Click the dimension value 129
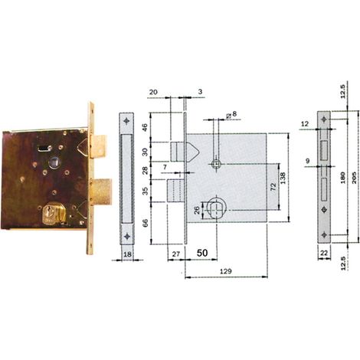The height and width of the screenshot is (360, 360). [x=226, y=271]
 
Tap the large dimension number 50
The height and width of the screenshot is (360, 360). [x=202, y=253]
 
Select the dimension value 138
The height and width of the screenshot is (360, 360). [x=283, y=178]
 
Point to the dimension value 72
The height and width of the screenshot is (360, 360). [x=273, y=186]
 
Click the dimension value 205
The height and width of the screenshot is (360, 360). [x=355, y=178]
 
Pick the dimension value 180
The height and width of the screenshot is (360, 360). [x=342, y=178]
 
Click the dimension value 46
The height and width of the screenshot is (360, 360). [x=145, y=127]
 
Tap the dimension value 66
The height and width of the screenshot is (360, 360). [x=145, y=223]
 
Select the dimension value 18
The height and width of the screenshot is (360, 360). [x=127, y=254]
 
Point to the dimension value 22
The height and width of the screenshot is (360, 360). [x=324, y=253]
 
